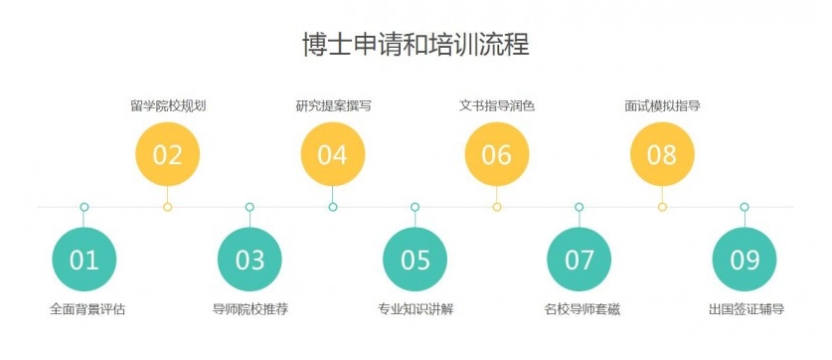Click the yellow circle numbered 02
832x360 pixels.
167,155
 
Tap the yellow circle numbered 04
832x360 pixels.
332,155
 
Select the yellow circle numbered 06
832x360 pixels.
496,155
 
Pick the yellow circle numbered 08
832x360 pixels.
661,155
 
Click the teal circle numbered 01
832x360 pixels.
84,260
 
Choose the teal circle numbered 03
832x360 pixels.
250,260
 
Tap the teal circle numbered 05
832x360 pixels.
415,260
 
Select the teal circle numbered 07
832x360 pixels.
579,260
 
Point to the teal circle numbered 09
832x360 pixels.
745,260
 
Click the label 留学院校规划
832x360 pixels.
167,105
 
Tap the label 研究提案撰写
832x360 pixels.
332,105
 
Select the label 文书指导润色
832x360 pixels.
496,105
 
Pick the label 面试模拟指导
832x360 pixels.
661,105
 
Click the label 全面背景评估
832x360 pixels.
87,309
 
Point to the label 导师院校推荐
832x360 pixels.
250,309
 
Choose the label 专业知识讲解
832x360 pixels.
416,309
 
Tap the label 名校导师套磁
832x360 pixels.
582,309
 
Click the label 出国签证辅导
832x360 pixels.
746,309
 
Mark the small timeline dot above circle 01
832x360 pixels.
84,207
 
